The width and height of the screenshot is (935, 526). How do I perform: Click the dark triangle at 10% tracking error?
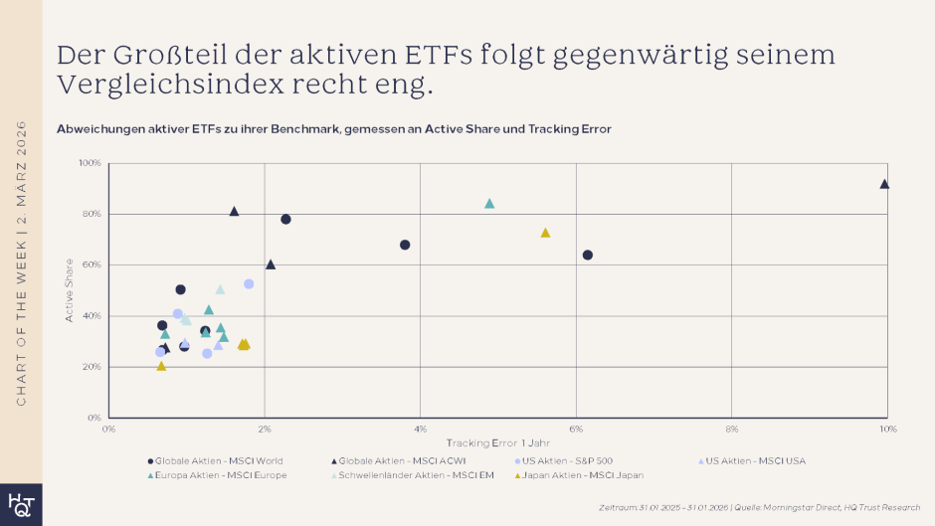[884, 184]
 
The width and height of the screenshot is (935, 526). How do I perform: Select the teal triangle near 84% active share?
[489, 204]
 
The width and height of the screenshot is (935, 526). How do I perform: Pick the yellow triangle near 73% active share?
[545, 233]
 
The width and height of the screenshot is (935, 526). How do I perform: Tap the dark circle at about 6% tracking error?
[588, 255]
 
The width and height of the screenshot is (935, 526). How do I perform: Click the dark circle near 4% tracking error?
[405, 245]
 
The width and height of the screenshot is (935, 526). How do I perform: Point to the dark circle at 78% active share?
[286, 219]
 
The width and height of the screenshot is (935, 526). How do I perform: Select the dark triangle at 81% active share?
[234, 211]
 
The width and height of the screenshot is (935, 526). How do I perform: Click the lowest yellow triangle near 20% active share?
[161, 366]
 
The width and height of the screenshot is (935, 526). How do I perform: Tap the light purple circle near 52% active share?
[249, 284]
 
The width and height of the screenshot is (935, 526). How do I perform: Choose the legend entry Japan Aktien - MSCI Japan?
[583, 475]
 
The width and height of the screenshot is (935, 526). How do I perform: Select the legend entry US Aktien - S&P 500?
[566, 460]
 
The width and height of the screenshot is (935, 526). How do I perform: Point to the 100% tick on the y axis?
[90, 163]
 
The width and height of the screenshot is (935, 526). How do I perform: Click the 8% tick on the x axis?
[732, 429]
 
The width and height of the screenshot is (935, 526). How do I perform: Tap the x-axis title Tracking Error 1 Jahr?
[497, 442]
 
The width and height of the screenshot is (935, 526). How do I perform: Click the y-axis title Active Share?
[70, 290]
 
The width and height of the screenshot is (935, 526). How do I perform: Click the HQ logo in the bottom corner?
[20, 504]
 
